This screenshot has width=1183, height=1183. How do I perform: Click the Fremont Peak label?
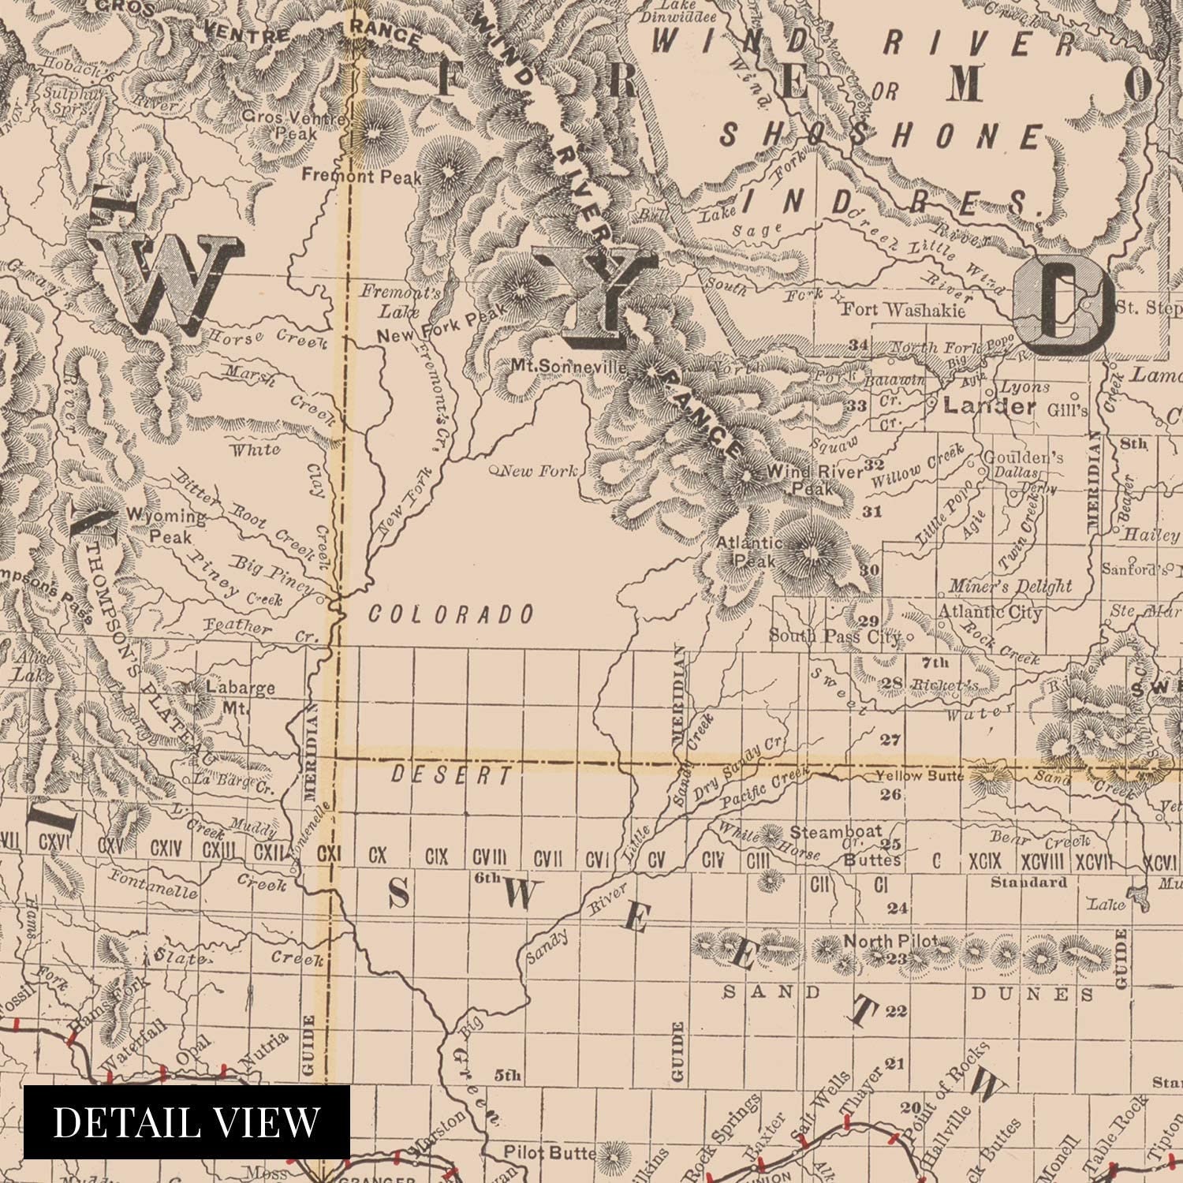click(x=362, y=177)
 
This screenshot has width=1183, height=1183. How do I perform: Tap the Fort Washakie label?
click(x=903, y=310)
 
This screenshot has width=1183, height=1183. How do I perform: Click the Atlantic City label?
click(x=989, y=612)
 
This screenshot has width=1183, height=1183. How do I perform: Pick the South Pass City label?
click(x=834, y=636)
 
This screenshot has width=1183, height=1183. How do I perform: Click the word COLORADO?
click(x=451, y=614)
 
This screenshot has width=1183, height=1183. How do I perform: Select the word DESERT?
click(x=451, y=775)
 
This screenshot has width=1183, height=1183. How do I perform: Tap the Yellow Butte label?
click(x=920, y=776)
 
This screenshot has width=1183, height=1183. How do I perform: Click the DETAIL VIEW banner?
click(x=187, y=1121)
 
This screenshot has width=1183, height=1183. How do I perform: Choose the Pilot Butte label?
click(x=550, y=1153)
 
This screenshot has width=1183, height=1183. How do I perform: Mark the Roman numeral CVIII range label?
click(x=489, y=858)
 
